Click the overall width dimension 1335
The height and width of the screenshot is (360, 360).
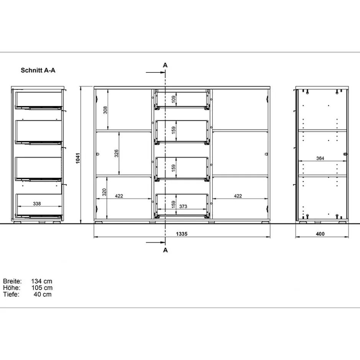[182, 234]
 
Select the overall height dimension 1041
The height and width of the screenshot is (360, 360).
[77, 159]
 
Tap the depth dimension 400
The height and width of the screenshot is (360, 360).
[320, 234]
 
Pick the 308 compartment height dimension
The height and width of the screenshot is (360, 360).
[105, 110]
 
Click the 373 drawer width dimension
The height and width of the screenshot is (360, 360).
[183, 206]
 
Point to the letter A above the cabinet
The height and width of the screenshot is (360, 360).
[165, 65]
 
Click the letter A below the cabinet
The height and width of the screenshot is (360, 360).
[165, 250]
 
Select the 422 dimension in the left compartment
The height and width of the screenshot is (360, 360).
[119, 196]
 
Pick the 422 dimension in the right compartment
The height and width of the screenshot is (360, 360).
[238, 196]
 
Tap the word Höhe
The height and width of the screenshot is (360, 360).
[11, 288]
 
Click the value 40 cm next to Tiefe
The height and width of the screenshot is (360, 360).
[43, 294]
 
